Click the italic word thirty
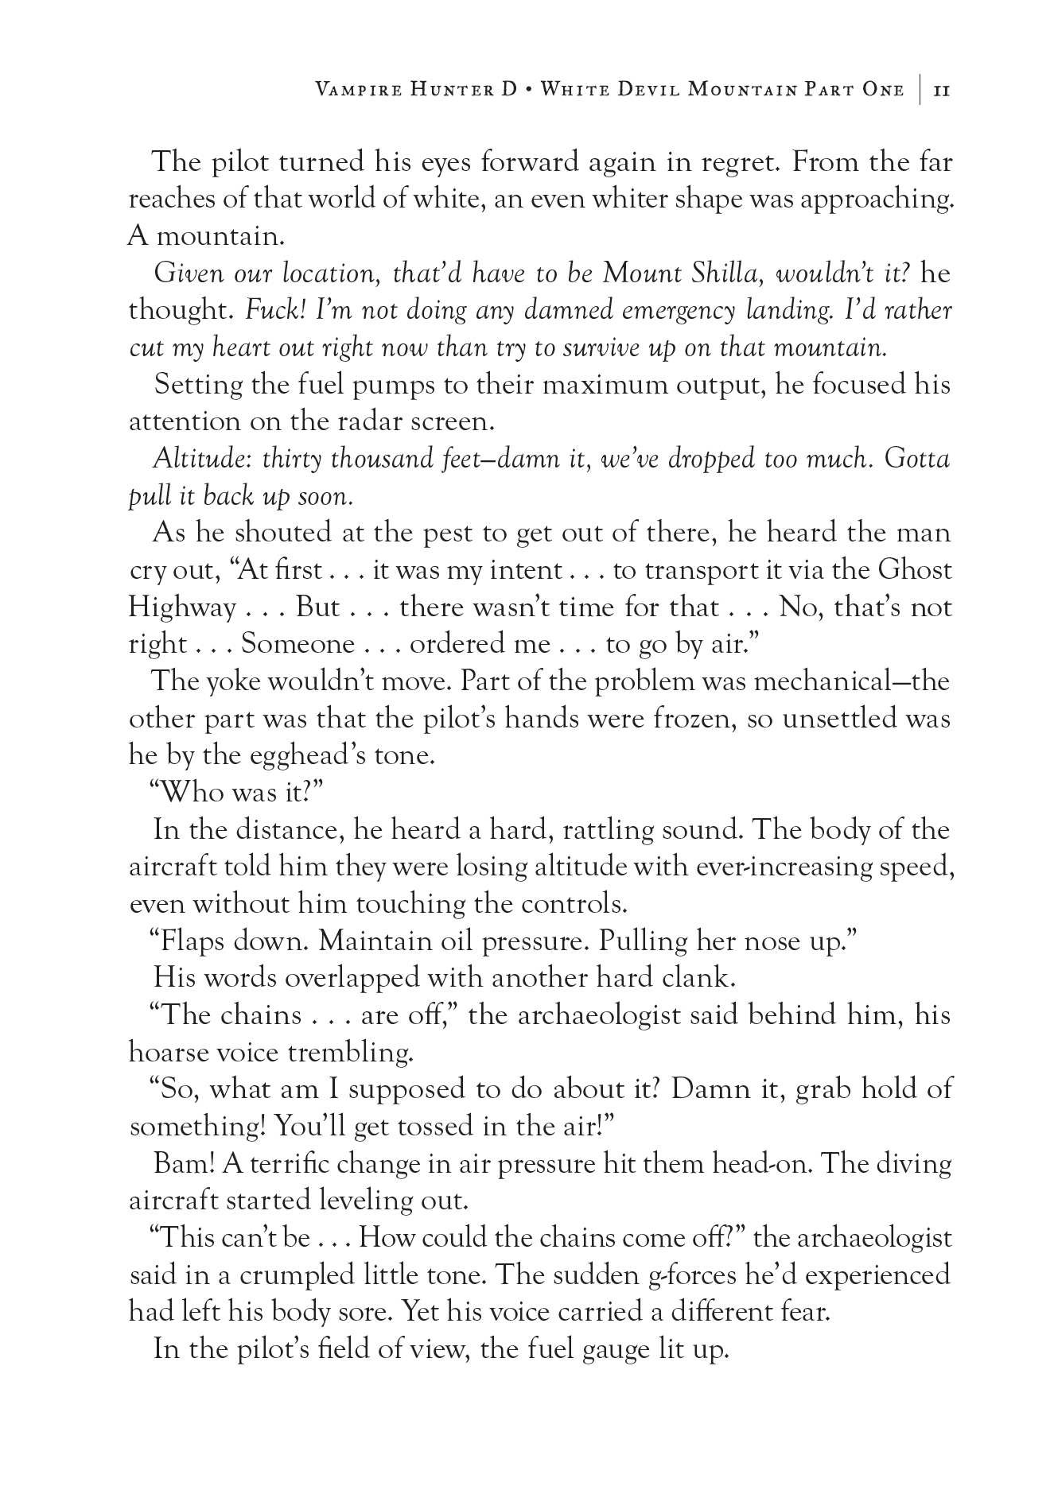coord(292,459)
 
